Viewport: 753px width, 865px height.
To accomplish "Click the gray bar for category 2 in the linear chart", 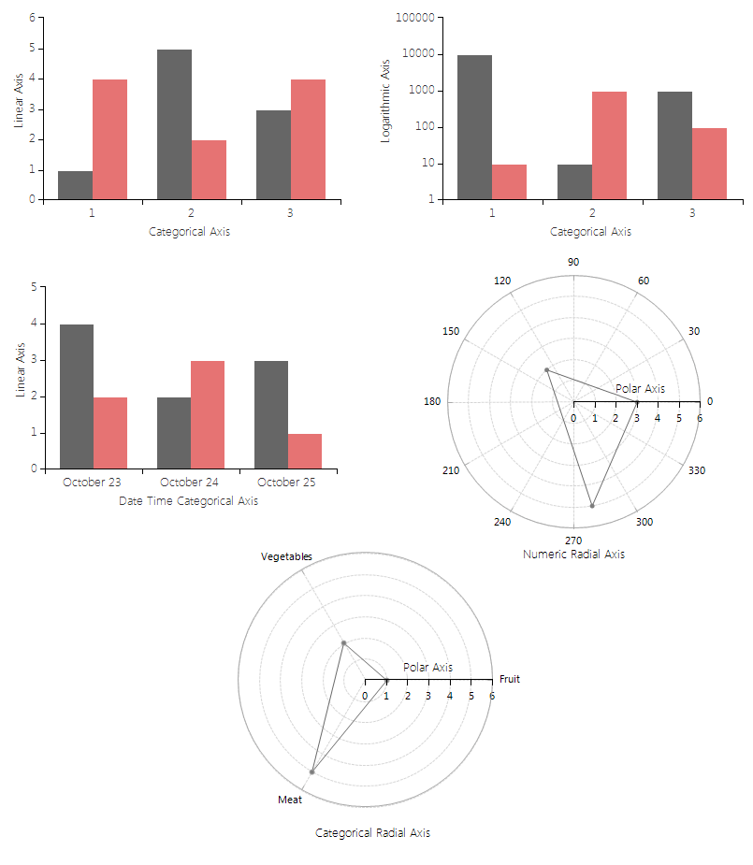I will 174,124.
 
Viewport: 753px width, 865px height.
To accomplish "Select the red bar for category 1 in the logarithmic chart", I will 510,181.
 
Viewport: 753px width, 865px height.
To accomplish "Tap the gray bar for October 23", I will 77,396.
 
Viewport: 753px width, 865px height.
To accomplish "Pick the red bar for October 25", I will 305,451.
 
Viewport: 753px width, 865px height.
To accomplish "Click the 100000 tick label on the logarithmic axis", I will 416,18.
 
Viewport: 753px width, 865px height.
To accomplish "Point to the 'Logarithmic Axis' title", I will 384,100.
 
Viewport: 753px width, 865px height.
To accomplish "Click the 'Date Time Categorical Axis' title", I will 188,501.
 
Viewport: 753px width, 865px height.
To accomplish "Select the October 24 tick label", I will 190,483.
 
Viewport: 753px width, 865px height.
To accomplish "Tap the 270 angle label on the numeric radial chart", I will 573,541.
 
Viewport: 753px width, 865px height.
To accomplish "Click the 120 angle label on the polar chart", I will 502,281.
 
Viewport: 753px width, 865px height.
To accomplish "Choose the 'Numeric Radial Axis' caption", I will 573,555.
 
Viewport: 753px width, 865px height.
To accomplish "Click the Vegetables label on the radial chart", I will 286,556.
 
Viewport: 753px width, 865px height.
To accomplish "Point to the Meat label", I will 290,800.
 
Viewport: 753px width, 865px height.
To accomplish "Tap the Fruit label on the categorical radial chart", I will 510,679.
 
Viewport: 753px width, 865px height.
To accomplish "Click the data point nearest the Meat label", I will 311,772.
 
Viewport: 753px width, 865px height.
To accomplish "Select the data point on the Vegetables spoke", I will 344,643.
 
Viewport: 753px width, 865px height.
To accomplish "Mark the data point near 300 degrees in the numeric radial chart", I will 592,506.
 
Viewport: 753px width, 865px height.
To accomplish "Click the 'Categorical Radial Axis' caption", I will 372,833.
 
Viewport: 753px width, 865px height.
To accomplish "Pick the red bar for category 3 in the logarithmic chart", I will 710,164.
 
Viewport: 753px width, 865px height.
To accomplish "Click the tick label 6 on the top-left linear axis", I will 33,18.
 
